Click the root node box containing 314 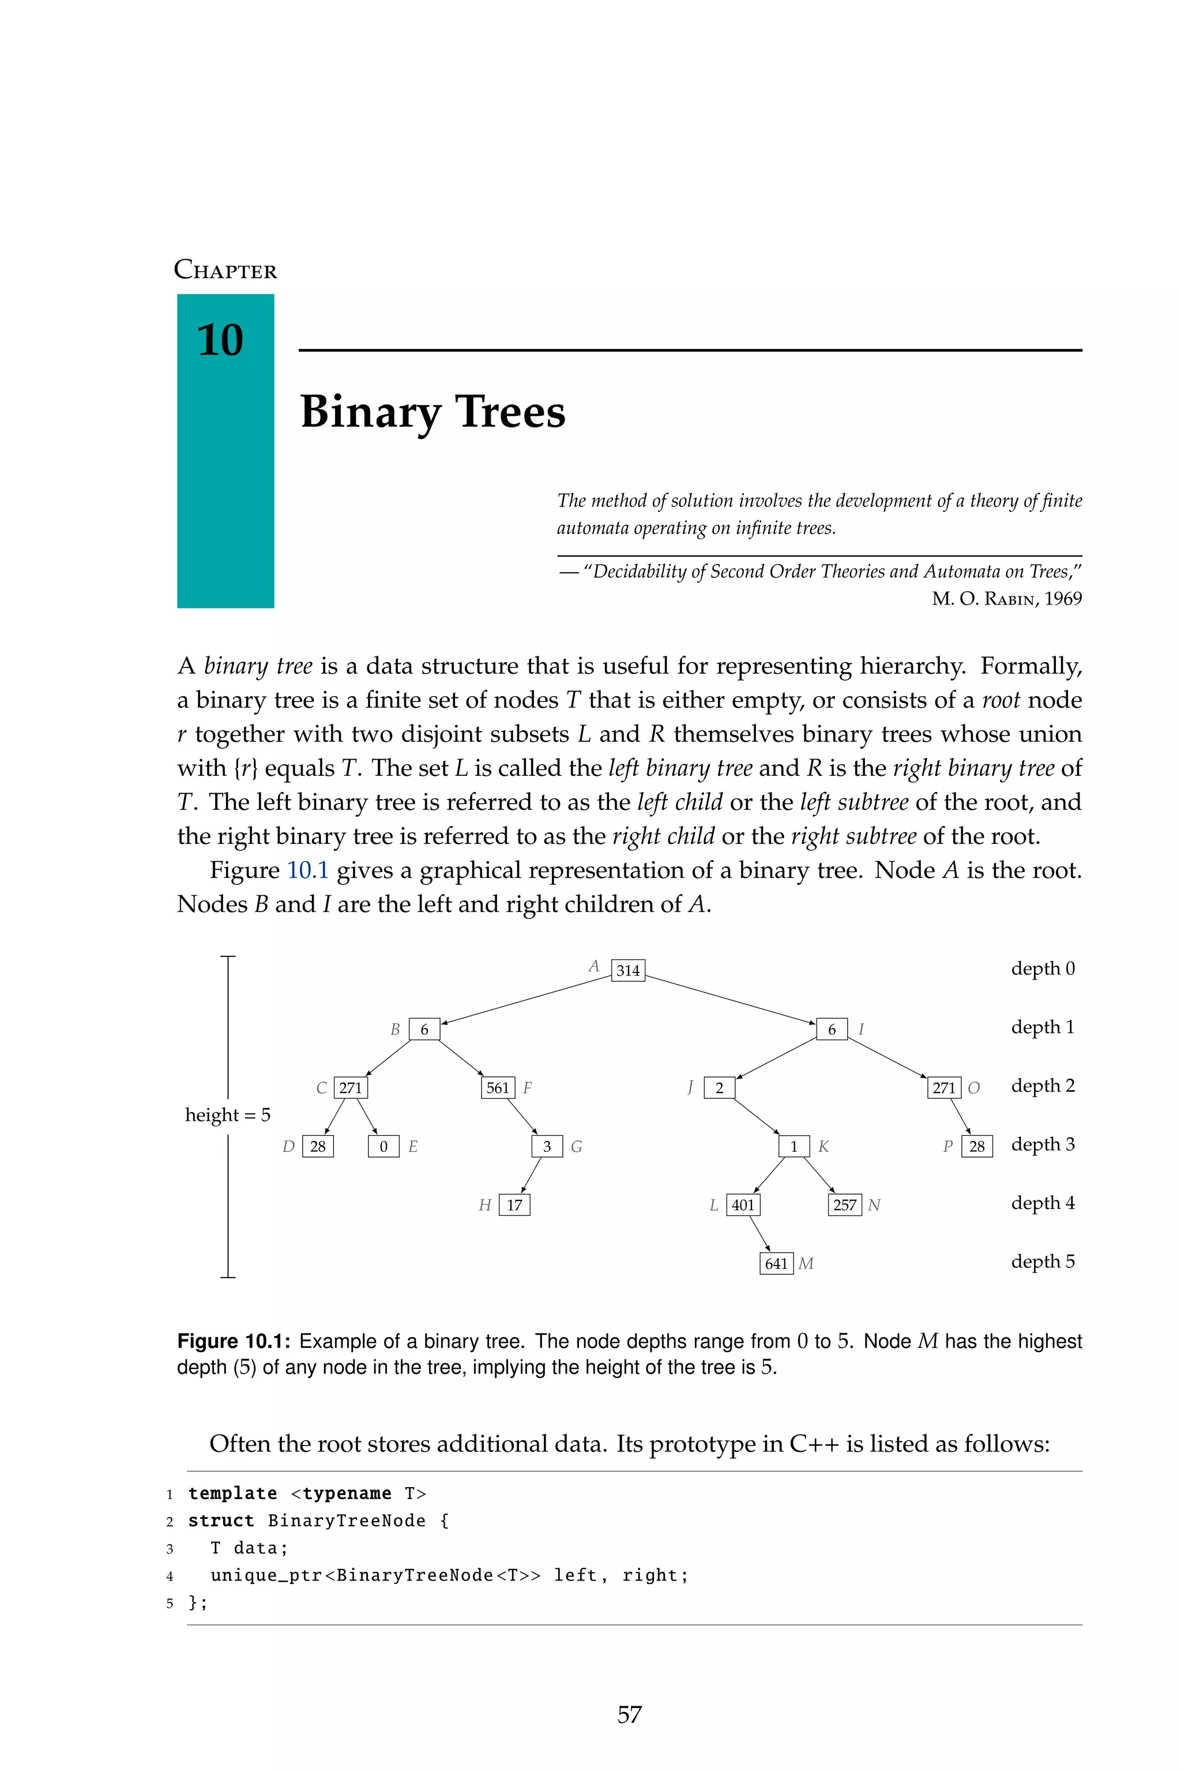628,970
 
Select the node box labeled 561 498,1088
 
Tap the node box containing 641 777,1263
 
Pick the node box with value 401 743,1204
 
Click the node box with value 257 844,1204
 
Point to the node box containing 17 514,1204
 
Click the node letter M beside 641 806,1263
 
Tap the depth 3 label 1043,1144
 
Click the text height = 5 227,1115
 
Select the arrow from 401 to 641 760,1233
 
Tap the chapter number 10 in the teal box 220,340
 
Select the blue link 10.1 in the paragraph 308,870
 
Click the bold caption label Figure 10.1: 234,1341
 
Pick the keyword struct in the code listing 221,1521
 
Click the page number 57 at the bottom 629,1714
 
